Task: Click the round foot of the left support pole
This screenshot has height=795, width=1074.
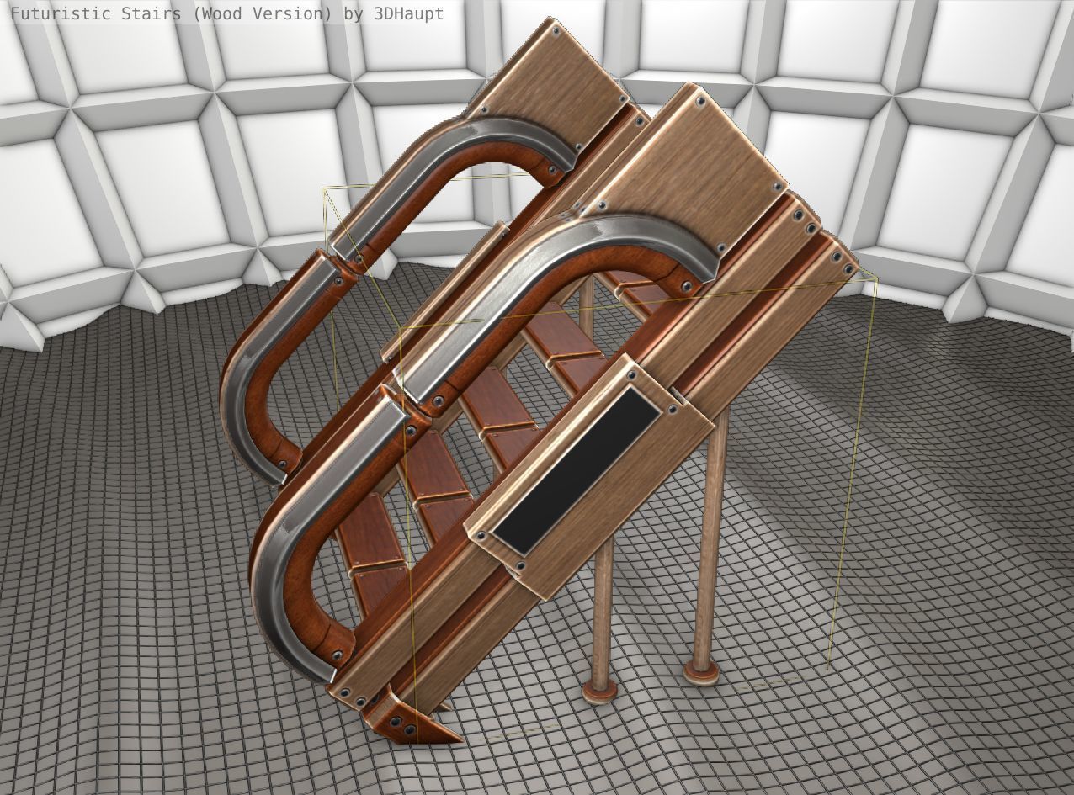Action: point(599,691)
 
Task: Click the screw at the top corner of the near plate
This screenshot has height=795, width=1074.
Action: point(700,99)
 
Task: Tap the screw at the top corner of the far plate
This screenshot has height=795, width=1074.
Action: point(556,31)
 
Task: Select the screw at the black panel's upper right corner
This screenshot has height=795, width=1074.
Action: point(672,410)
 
